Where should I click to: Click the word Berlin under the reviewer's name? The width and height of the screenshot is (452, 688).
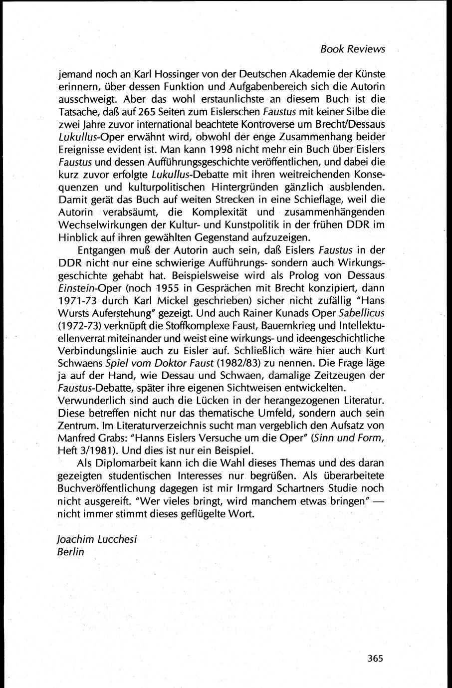coord(71,552)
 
